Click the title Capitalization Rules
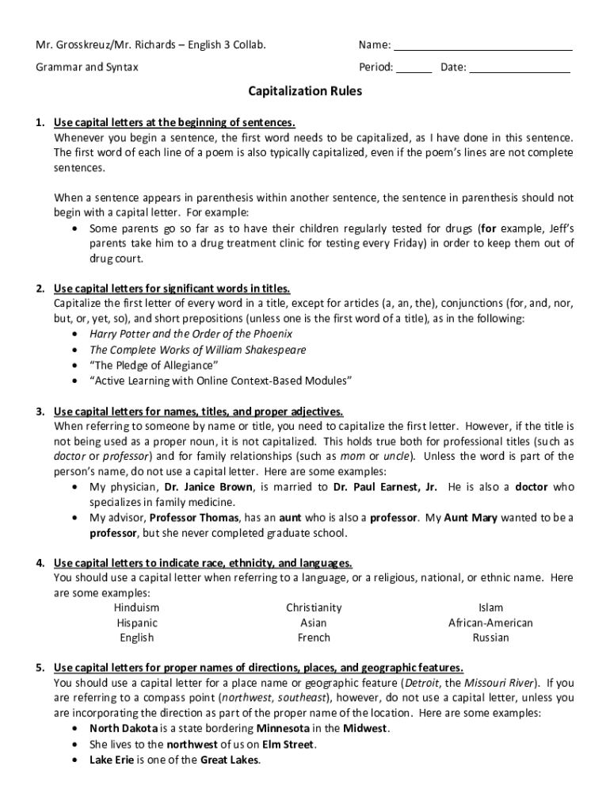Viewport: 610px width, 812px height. coord(305,91)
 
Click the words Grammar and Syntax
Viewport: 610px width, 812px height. coord(86,67)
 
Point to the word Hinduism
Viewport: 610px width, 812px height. coord(136,607)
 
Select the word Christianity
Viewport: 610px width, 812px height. coord(314,607)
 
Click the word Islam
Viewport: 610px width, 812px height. coord(490,607)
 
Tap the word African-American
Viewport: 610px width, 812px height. coord(490,622)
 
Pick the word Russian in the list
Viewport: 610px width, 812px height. coord(490,638)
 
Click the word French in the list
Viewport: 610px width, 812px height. coord(314,638)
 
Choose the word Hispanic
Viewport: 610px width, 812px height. coord(136,622)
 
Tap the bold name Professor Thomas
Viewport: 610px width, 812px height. coord(196,517)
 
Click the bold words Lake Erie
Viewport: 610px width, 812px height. coord(112,759)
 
